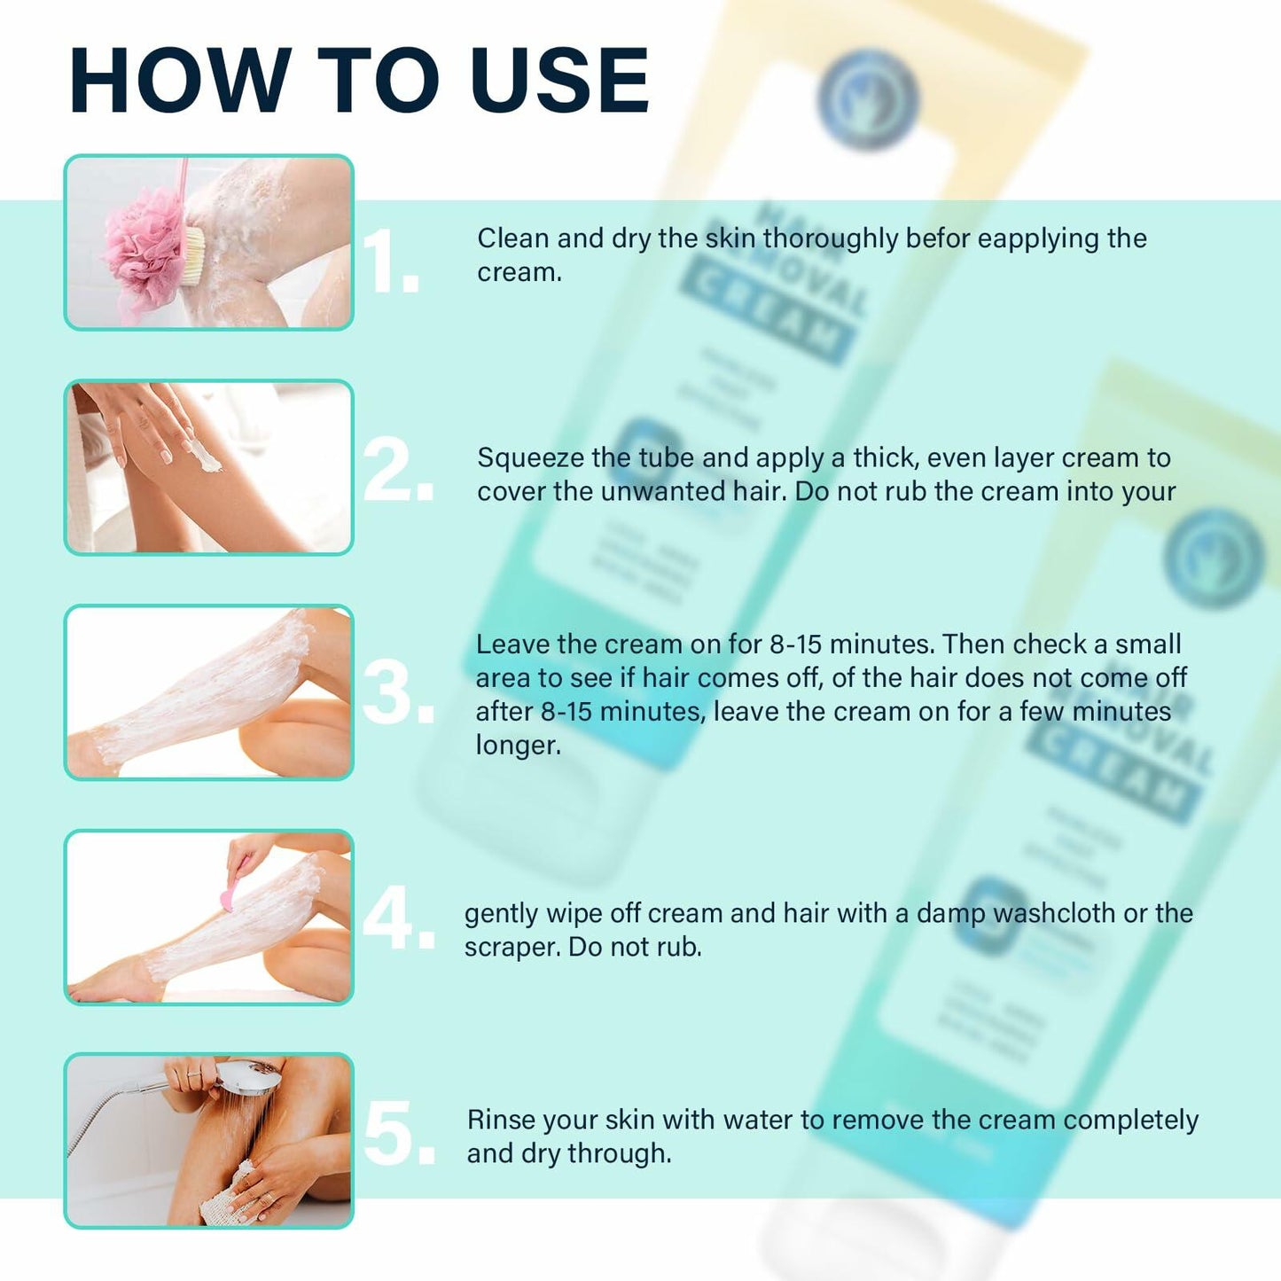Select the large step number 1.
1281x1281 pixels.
point(390,262)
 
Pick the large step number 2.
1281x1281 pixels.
point(397,471)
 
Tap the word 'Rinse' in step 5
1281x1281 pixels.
point(502,1120)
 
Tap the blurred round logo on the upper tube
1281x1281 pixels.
point(867,99)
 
